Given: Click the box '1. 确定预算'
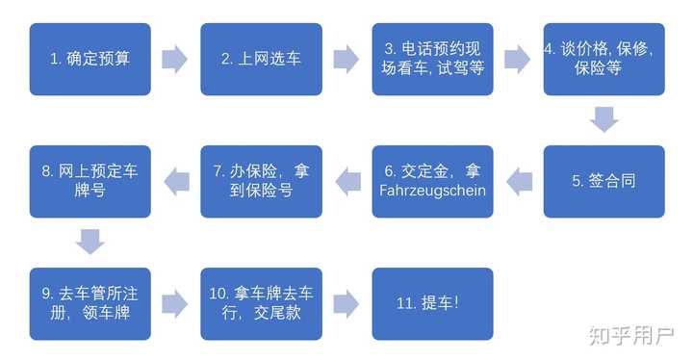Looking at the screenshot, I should pyautogui.click(x=90, y=59).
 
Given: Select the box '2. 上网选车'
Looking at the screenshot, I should pyautogui.click(x=261, y=59).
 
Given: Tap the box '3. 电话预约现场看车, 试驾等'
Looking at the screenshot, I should pyautogui.click(x=432, y=59).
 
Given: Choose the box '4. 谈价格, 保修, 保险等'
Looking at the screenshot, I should pyautogui.click(x=603, y=59).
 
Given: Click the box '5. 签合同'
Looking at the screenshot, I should pyautogui.click(x=603, y=181).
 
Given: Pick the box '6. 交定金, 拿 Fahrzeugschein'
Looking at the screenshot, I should pyautogui.click(x=432, y=181).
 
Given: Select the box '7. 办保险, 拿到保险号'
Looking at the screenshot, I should pyautogui.click(x=261, y=181).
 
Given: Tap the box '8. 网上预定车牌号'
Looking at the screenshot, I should pyautogui.click(x=90, y=181).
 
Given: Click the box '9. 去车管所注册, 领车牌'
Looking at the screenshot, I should pyautogui.click(x=90, y=303).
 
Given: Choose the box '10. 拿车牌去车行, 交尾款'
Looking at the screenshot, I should pyautogui.click(x=261, y=303).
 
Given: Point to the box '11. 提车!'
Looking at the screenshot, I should pyautogui.click(x=432, y=303).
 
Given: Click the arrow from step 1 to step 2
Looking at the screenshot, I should pyautogui.click(x=175, y=59).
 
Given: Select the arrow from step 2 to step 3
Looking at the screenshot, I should pyautogui.click(x=346, y=59).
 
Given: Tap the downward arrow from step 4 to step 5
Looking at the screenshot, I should pyautogui.click(x=603, y=119).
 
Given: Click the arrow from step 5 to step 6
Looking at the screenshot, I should pyautogui.click(x=519, y=181).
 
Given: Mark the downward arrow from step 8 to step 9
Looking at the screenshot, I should pyautogui.click(x=90, y=242).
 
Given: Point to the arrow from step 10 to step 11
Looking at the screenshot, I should pyautogui.click(x=346, y=303).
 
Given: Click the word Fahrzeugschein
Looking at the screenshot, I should pyautogui.click(x=433, y=191).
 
